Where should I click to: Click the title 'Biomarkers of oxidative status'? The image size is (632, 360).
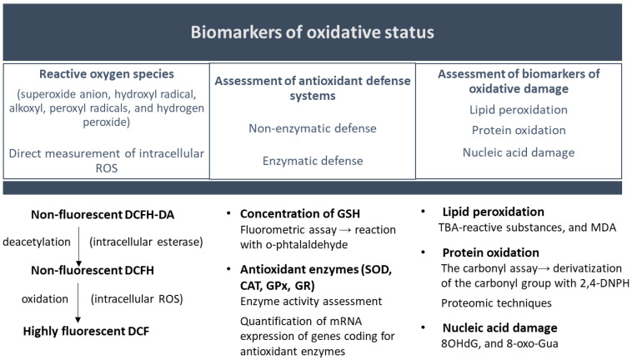(313, 32)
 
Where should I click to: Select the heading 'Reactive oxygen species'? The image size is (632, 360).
(107, 74)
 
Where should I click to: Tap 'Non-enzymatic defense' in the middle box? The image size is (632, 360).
(313, 128)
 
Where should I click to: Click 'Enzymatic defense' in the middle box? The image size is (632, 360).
(313, 161)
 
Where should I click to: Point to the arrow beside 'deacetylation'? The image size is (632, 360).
(78, 247)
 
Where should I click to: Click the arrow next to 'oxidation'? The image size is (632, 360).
(78, 302)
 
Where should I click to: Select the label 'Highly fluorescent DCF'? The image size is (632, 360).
(86, 331)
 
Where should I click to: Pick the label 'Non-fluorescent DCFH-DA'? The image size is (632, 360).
(103, 215)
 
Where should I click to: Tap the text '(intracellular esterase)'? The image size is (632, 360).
(146, 242)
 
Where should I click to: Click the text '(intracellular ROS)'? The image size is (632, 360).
(137, 299)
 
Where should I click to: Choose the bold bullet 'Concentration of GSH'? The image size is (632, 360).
(300, 213)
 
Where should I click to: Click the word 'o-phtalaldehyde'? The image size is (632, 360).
(293, 245)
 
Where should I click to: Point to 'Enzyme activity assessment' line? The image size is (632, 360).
(311, 301)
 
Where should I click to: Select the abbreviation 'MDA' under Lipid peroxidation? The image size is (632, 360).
(604, 227)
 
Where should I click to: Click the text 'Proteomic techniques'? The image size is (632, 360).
(496, 302)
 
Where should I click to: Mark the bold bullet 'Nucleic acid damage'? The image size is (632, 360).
(499, 327)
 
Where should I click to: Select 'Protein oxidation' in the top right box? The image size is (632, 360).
(519, 130)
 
